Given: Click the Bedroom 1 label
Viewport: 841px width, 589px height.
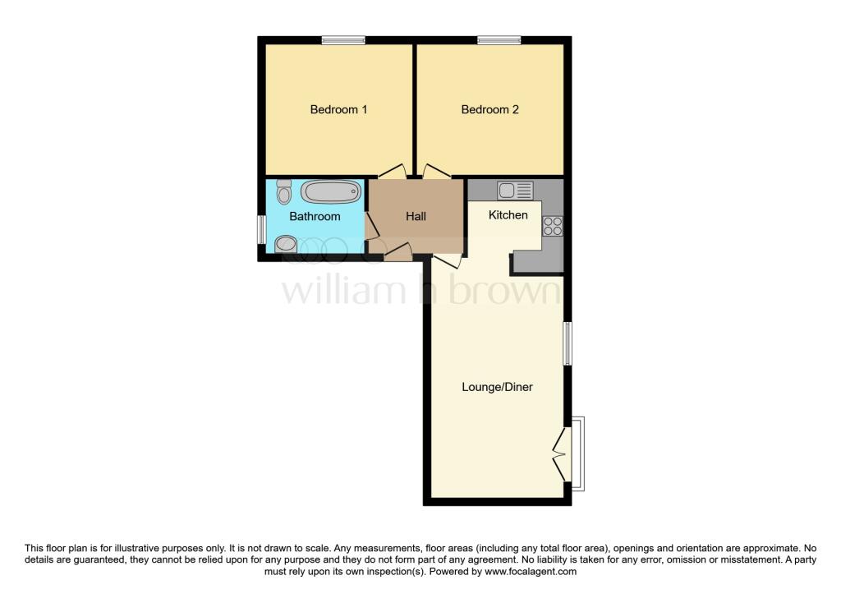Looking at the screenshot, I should tap(338, 109).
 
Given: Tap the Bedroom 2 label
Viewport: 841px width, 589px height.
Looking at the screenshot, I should tap(489, 109).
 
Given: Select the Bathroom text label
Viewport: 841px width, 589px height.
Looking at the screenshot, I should tap(315, 217).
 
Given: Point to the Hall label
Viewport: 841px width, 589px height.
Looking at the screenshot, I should tap(416, 217).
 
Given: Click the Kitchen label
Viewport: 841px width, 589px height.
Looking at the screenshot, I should tap(508, 215).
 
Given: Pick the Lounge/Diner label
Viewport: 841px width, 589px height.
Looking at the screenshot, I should tap(498, 387).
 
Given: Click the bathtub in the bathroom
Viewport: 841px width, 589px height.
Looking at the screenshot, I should tap(331, 192).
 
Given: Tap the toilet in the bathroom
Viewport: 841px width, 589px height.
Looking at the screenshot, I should tap(284, 192).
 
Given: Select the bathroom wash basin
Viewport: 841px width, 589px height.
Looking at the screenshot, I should tap(286, 243).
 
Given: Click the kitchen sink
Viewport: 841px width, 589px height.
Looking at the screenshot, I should tap(516, 191).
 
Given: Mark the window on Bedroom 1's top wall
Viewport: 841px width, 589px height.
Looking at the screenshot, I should tap(343, 39).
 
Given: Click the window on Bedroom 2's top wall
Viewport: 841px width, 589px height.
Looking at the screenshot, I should tap(499, 39).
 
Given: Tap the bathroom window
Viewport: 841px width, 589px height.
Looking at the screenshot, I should tap(260, 229).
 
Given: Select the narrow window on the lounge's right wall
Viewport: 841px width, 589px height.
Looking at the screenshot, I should tap(568, 343).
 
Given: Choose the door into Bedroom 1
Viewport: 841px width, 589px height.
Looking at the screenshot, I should tap(392, 172).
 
